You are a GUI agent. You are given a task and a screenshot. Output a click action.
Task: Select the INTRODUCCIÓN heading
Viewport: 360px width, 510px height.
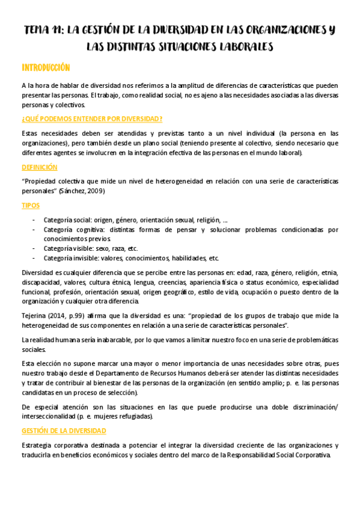tap(46, 67)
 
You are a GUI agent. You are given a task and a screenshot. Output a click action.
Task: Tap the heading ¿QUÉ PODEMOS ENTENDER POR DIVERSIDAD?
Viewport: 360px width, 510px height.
tap(92, 118)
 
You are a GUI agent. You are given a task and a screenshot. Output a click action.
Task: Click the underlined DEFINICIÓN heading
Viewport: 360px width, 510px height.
tap(39, 167)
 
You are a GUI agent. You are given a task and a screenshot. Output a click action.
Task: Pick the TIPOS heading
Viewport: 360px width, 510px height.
tap(31, 205)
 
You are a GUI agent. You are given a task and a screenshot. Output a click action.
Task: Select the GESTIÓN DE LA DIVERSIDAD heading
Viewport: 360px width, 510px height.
tap(64, 431)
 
